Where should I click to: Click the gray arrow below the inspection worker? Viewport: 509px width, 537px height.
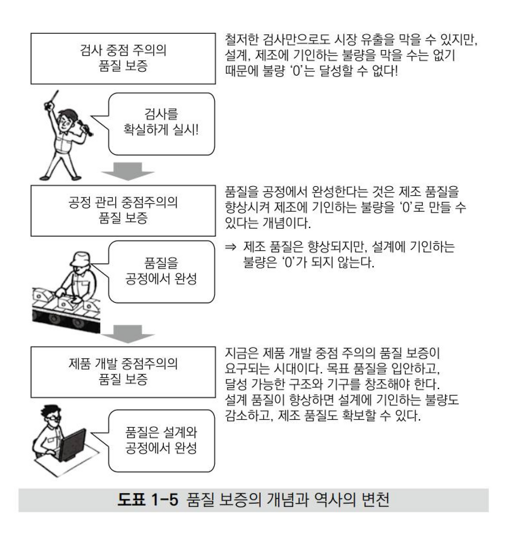click(x=128, y=171)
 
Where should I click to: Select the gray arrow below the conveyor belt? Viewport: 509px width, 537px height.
click(x=128, y=334)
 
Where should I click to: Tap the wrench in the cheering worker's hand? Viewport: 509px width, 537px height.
click(x=85, y=128)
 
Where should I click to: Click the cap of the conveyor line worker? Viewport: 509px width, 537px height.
click(x=80, y=259)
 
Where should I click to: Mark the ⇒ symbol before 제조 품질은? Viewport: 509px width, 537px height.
click(x=231, y=247)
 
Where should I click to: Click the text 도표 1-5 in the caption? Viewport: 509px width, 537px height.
click(x=148, y=500)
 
